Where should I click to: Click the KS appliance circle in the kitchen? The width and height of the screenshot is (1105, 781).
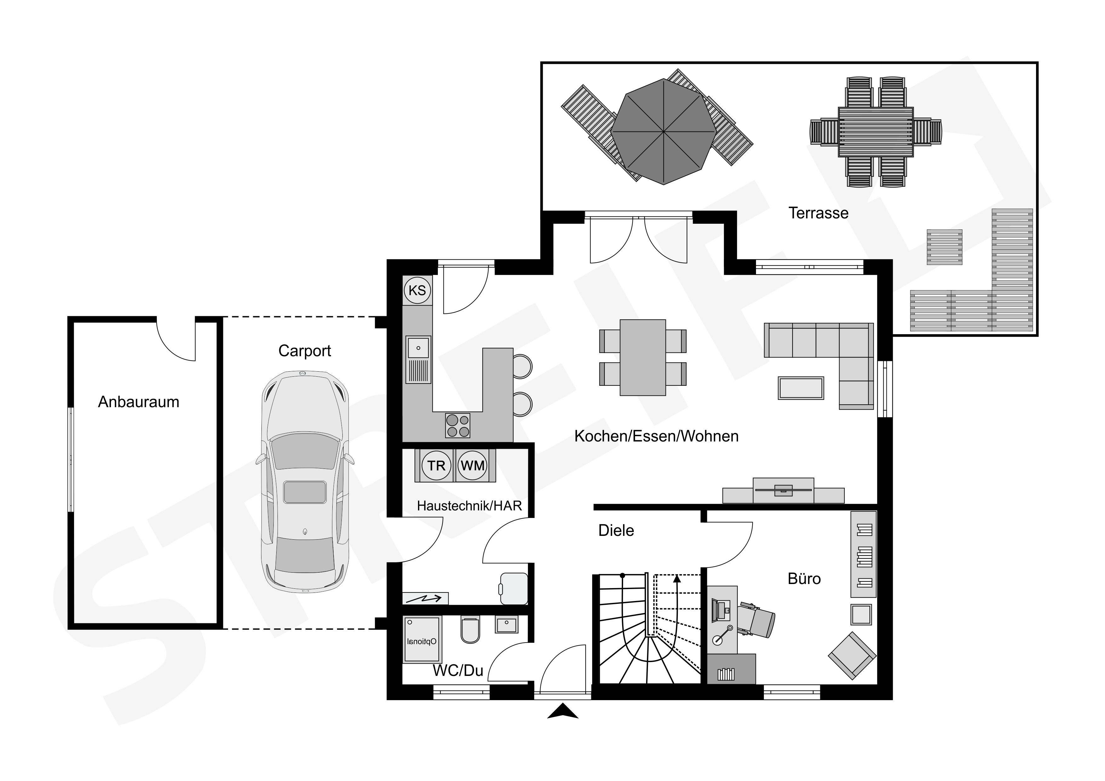pyautogui.click(x=417, y=290)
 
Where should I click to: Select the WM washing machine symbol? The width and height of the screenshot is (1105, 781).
pyautogui.click(x=472, y=465)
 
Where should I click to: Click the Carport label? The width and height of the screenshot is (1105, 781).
pyautogui.click(x=305, y=351)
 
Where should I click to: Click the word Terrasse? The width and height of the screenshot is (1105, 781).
pyautogui.click(x=818, y=213)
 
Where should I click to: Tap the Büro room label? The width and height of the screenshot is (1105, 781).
pyautogui.click(x=804, y=579)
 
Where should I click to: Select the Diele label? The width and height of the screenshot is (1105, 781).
pyautogui.click(x=616, y=531)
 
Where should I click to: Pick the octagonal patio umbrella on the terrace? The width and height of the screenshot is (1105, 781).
pyautogui.click(x=664, y=131)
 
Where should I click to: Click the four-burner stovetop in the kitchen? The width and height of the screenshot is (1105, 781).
pyautogui.click(x=458, y=426)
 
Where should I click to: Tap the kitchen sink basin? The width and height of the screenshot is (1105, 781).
pyautogui.click(x=418, y=347)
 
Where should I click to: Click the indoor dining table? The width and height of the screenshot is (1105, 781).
pyautogui.click(x=643, y=357)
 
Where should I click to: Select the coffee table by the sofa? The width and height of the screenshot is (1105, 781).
pyautogui.click(x=801, y=388)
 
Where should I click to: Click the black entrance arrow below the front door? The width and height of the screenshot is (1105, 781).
pyautogui.click(x=563, y=711)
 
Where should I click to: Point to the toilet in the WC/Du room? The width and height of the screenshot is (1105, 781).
pyautogui.click(x=470, y=630)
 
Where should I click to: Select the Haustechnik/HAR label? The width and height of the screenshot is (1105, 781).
pyautogui.click(x=469, y=506)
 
